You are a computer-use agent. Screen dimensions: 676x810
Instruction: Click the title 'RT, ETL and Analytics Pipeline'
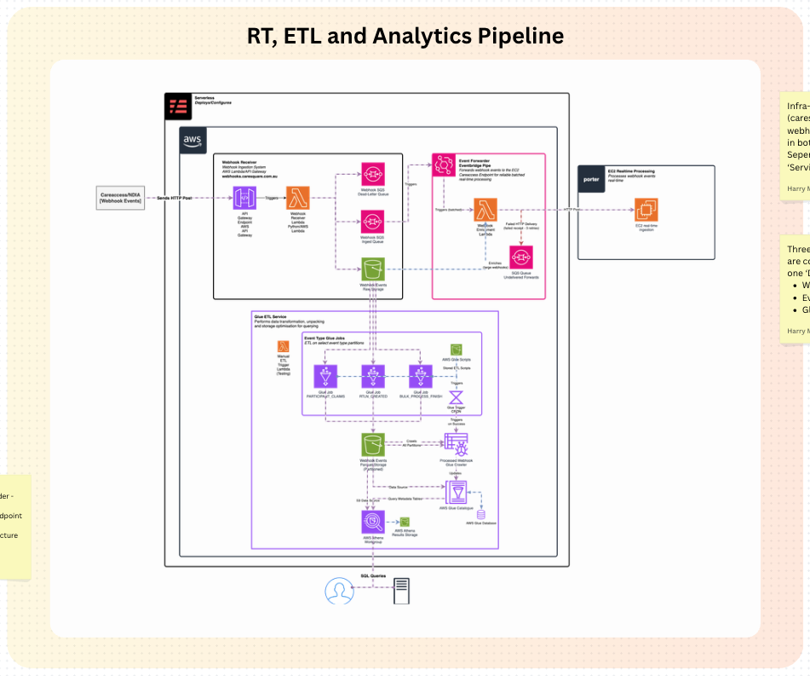[405, 36]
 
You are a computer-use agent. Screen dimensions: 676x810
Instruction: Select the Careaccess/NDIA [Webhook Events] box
[122, 198]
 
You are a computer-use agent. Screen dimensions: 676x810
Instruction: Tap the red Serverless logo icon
[179, 107]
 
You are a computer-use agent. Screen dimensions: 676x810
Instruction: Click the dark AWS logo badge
[193, 140]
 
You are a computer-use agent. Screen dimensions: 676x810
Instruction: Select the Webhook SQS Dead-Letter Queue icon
[372, 174]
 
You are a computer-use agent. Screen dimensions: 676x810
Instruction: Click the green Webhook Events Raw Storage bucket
[372, 269]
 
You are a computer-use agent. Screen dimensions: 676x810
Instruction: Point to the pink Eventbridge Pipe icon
[445, 166]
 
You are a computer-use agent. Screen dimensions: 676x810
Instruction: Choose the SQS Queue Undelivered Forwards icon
[521, 257]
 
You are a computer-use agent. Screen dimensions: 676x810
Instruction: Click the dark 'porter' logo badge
[591, 180]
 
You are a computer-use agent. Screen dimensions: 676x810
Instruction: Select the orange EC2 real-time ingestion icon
[646, 210]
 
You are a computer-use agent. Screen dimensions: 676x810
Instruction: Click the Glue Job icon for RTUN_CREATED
[372, 376]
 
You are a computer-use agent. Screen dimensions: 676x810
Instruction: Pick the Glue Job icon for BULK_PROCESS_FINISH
[417, 376]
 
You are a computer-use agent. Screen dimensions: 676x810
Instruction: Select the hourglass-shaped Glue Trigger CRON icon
[457, 396]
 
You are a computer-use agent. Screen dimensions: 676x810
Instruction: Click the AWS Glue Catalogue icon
[457, 492]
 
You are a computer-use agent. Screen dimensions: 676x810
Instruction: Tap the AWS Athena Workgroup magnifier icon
[372, 522]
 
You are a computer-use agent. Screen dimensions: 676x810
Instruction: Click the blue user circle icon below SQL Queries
[340, 590]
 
